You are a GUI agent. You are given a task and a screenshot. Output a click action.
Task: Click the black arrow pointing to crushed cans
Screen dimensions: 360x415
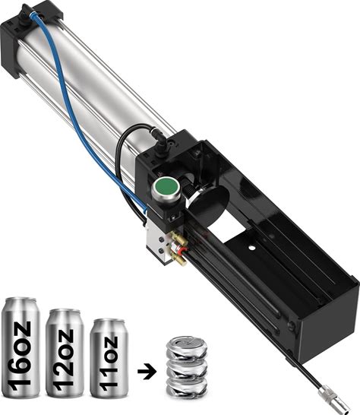coord(147,372)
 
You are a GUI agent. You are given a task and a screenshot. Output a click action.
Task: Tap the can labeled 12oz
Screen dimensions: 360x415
coord(65,353)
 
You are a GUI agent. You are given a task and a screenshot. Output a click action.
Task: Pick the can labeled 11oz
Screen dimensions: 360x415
coord(109,357)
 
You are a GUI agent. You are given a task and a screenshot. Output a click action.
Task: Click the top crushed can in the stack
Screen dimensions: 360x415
coord(187,347)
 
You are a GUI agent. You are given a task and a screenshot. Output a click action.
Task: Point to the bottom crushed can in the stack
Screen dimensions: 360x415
coord(187,388)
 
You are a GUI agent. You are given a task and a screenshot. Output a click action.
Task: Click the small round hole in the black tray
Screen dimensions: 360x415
coord(252,249)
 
